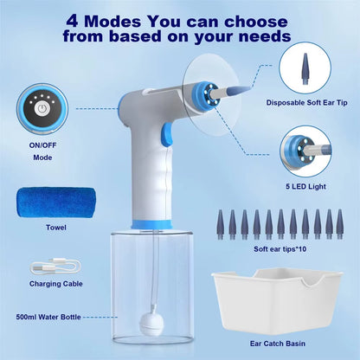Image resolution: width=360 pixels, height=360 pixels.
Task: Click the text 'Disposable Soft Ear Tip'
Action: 309,101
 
